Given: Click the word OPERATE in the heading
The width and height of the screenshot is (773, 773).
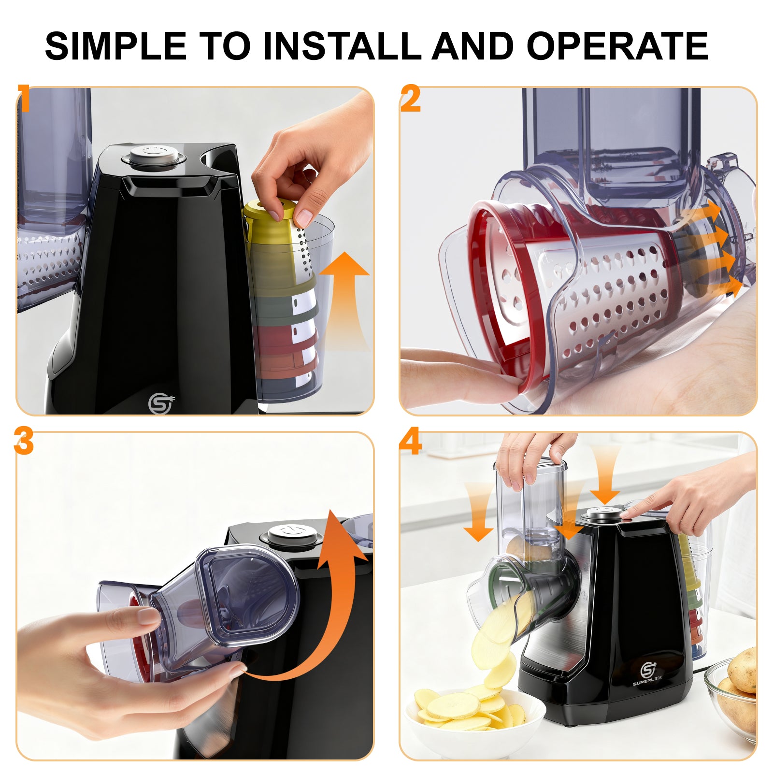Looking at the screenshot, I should click(x=617, y=46).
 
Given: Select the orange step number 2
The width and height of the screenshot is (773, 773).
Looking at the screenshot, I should click(x=411, y=99).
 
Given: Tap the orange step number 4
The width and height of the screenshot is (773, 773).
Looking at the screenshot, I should click(x=411, y=442).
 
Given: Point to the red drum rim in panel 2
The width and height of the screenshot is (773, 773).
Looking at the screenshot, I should click(x=483, y=290).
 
